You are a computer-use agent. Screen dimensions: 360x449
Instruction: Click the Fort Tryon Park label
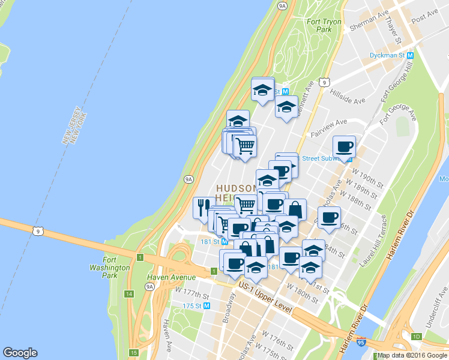click(x=324, y=25)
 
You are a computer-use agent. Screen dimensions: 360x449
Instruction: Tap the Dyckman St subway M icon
click(x=411, y=55)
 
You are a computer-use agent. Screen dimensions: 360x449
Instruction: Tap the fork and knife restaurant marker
click(x=201, y=206)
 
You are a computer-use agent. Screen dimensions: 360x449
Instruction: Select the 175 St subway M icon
click(x=207, y=305)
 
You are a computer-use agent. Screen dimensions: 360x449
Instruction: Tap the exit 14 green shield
click(x=129, y=294)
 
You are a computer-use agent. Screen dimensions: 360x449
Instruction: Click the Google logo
click(x=20, y=353)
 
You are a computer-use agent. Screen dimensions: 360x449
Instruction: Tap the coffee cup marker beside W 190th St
click(x=345, y=146)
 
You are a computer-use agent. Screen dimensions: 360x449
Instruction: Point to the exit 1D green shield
click(x=416, y=336)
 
